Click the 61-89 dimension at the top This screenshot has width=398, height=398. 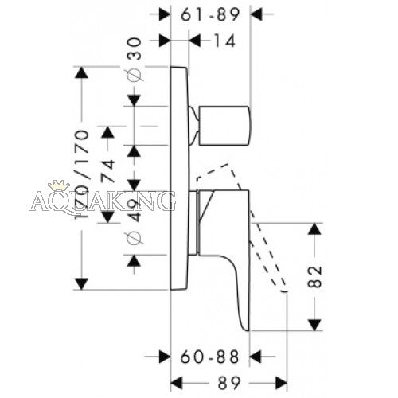coord(210,14)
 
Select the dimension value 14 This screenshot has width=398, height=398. coord(224,41)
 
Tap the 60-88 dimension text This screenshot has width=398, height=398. coord(209,357)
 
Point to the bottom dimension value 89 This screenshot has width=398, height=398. coord(229,383)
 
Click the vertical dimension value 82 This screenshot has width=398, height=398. coord(314,277)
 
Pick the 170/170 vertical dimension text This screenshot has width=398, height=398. coord(82,174)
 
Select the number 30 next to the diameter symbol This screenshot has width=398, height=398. coord(135,49)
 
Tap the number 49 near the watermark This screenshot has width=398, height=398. coord(135,211)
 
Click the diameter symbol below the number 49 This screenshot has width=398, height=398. coord(135,238)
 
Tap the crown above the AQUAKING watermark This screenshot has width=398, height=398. coord(59,185)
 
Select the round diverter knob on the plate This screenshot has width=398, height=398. coord(224,126)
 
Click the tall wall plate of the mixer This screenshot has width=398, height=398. coord(179,178)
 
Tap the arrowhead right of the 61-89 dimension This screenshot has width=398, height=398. coord(256,14)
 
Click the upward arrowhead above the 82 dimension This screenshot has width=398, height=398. coord(314,229)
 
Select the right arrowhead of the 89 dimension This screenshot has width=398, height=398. coord(281,383)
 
